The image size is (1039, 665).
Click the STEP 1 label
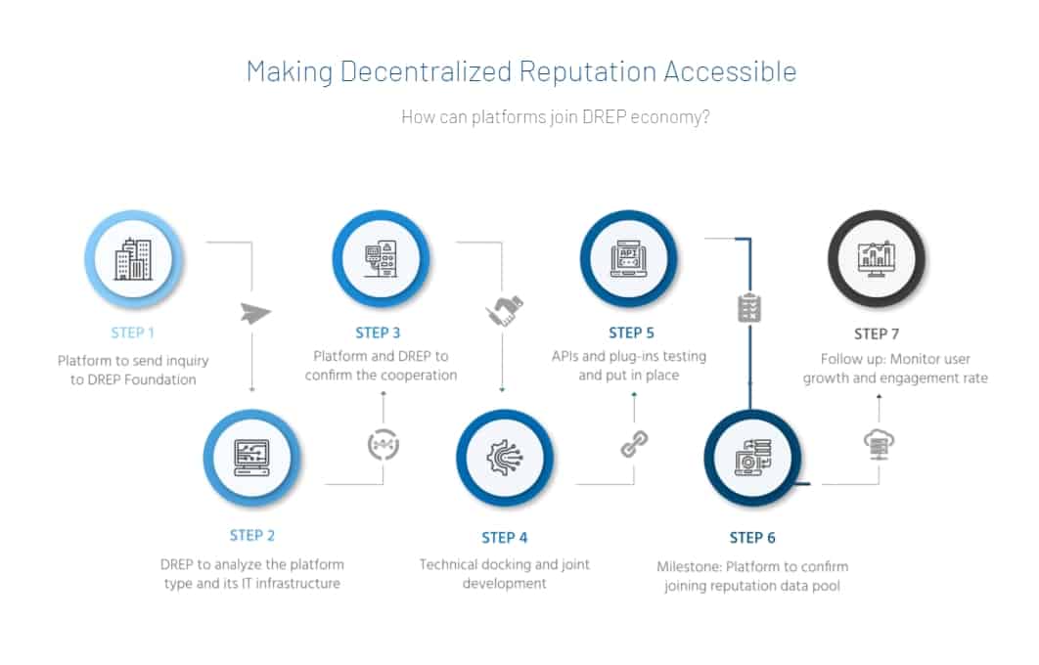click(x=132, y=332)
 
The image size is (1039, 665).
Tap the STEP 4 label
click(x=505, y=537)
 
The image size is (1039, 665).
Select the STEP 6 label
click(x=752, y=537)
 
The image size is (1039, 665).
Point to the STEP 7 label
click(x=877, y=333)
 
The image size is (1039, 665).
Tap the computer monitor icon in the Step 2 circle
click(x=251, y=456)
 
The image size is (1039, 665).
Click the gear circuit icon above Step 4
click(x=505, y=458)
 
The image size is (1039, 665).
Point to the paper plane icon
click(x=254, y=314)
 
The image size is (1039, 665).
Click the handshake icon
click(x=503, y=312)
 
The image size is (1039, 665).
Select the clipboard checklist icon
click(x=749, y=308)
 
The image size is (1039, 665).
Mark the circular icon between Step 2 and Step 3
click(x=383, y=445)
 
